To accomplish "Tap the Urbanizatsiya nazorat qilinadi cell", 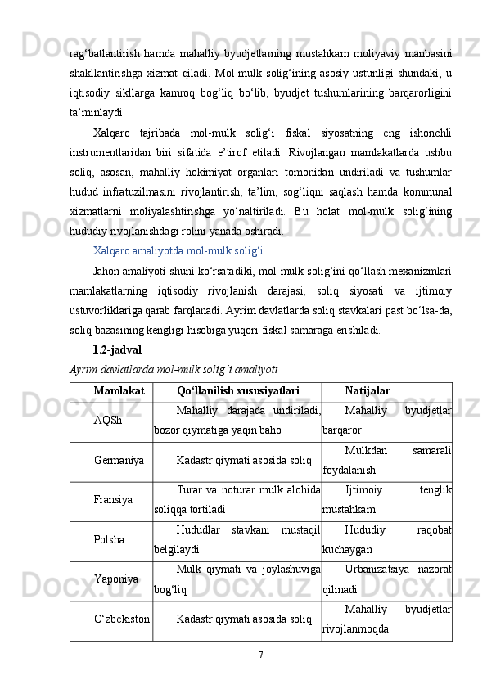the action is click(x=387, y=579).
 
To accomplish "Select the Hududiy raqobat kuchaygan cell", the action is click(x=387, y=540).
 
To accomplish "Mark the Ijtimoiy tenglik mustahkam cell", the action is click(x=387, y=500).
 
